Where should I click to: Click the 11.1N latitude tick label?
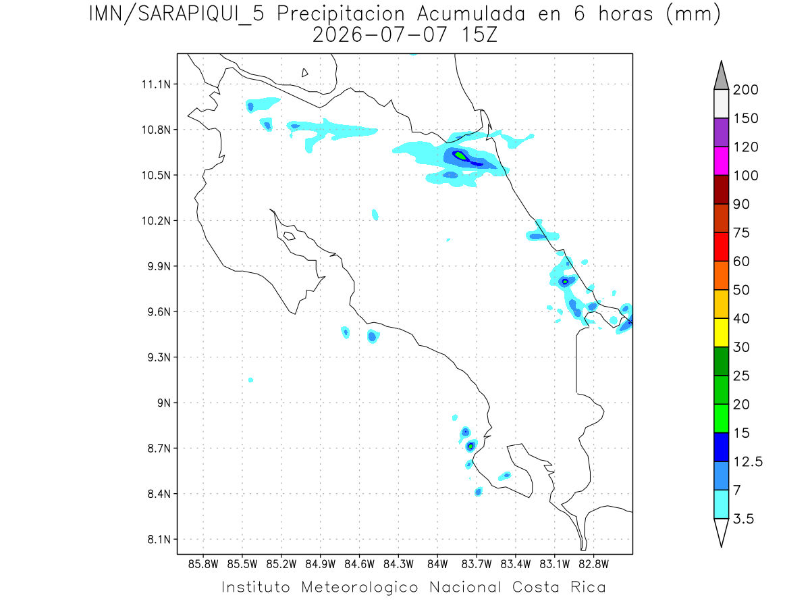156,84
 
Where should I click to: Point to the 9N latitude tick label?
164,403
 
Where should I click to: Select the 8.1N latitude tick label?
159,539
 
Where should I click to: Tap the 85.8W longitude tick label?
203,565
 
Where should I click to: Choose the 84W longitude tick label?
437,565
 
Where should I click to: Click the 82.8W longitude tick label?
593,565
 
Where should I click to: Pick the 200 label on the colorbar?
745,90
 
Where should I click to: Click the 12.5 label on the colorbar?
748,462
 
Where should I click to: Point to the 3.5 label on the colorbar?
743,519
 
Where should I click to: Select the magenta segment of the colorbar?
721,161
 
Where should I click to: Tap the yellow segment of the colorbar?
721,332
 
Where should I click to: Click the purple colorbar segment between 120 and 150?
721,132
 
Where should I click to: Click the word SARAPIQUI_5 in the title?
201,15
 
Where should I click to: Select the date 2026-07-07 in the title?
380,35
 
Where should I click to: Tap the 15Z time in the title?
479,35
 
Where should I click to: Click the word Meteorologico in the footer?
360,588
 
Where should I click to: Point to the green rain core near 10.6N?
460,155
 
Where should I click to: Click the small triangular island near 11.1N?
304,73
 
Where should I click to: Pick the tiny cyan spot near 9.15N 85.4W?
250,380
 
